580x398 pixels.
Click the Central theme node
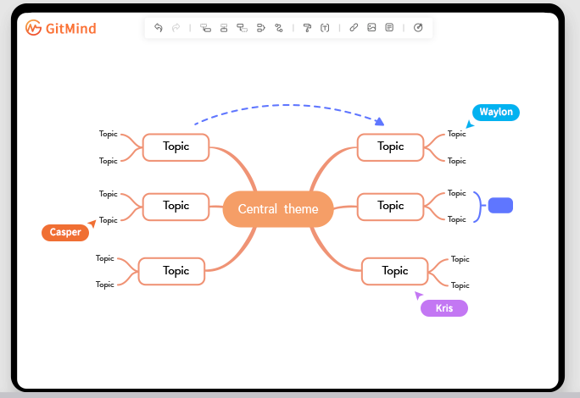(x=278, y=209)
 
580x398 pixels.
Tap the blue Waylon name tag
(x=496, y=112)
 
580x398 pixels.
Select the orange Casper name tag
(x=65, y=232)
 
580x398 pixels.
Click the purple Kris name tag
(x=444, y=308)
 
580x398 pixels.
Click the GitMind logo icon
(x=34, y=28)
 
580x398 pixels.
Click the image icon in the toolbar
(x=371, y=27)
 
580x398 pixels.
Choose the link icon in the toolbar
(x=354, y=27)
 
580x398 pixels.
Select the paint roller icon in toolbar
(x=307, y=27)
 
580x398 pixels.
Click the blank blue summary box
(x=501, y=206)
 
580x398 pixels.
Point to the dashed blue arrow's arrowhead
(x=380, y=122)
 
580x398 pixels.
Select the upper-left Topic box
(x=176, y=146)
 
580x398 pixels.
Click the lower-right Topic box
(x=395, y=271)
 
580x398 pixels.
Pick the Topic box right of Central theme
(x=391, y=206)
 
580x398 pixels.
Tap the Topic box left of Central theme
(x=176, y=206)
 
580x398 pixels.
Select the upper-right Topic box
(x=391, y=146)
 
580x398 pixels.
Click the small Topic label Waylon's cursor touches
(x=457, y=134)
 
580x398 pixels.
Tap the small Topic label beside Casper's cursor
(x=109, y=220)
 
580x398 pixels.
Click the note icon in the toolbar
(x=389, y=27)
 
